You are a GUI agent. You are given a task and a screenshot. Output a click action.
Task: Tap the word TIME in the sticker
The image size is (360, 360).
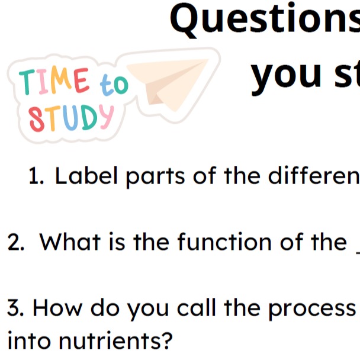[x=54, y=81]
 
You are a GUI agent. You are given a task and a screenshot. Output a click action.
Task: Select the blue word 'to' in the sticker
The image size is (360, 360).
[x=114, y=84]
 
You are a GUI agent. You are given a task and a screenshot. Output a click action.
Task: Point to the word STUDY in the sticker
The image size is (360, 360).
[x=71, y=118]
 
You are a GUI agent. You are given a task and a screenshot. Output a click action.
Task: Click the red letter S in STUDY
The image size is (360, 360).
[x=37, y=120]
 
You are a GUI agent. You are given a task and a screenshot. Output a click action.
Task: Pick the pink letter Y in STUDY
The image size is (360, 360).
[x=106, y=117]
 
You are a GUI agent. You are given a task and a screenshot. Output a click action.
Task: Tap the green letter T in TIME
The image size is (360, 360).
[x=27, y=82]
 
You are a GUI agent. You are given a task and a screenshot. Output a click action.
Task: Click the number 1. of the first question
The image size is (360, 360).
[x=36, y=176]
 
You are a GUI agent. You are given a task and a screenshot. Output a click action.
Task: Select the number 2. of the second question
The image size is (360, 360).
[x=15, y=242]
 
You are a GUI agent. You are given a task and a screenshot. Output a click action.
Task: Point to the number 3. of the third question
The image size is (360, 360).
[x=15, y=308]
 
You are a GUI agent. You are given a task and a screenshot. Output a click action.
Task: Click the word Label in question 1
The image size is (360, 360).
[x=86, y=176]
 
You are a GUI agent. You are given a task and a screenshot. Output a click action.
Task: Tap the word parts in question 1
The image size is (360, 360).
[x=156, y=177]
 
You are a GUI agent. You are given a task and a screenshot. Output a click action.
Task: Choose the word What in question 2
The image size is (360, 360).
[x=70, y=242]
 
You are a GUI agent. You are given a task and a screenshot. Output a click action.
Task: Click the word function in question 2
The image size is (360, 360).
[x=224, y=241]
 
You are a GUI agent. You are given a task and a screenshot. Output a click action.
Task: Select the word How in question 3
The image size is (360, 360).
[x=57, y=308]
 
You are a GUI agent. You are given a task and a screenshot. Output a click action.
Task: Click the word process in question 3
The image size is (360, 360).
[x=312, y=310]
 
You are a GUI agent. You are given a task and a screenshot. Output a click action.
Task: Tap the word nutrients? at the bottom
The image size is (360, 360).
[x=115, y=340]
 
